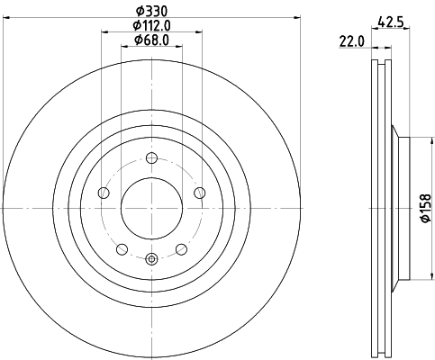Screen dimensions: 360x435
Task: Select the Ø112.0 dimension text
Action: (151, 24)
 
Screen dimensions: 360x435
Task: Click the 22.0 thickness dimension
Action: (349, 40)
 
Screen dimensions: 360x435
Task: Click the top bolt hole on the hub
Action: (151, 159)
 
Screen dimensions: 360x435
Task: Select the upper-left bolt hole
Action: (104, 193)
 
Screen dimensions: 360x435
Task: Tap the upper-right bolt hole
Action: (199, 193)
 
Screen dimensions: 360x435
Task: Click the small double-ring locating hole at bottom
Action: (151, 260)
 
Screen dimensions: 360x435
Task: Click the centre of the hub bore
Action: (151, 209)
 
